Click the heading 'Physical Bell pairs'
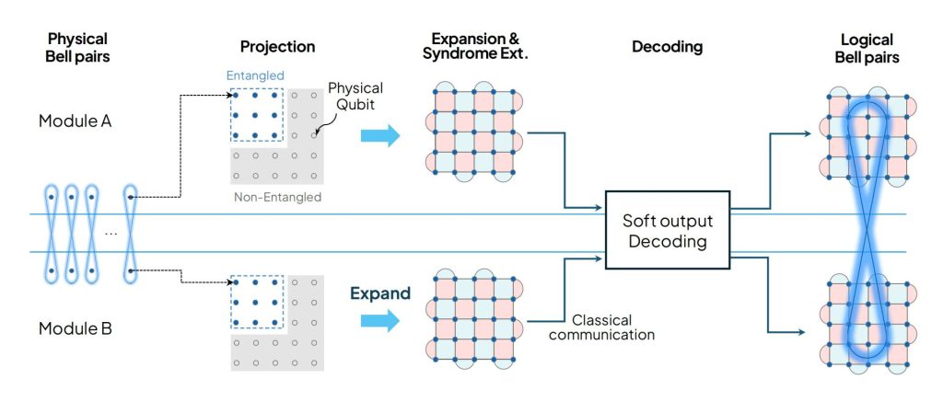pyautogui.click(x=78, y=47)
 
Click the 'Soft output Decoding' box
pyautogui.click(x=667, y=230)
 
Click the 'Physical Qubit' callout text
pyautogui.click(x=355, y=96)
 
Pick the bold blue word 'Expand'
pyautogui.click(x=379, y=295)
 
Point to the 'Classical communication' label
pyautogui.click(x=613, y=327)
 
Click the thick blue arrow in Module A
pyautogui.click(x=378, y=135)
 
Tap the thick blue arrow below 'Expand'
pyautogui.click(x=378, y=321)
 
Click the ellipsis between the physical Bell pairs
pyautogui.click(x=111, y=233)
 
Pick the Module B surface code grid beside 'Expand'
pyautogui.click(x=471, y=315)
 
